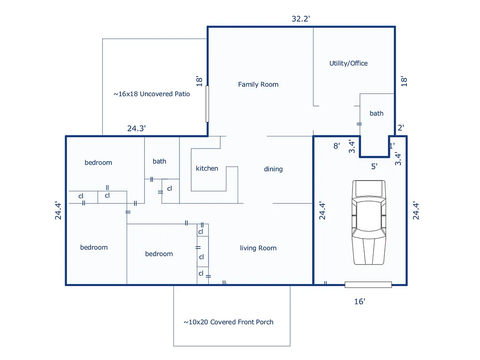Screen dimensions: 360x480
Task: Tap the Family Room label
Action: tap(258, 84)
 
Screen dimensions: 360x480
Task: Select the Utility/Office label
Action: tap(348, 63)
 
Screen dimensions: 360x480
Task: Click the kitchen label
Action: tap(207, 168)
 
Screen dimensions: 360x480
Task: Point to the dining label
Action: tap(273, 169)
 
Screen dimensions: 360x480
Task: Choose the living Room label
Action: tap(258, 248)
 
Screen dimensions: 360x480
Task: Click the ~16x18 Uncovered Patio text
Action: tap(152, 94)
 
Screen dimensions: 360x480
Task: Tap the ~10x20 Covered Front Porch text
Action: tap(228, 322)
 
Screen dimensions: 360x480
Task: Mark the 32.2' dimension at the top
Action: tap(301, 19)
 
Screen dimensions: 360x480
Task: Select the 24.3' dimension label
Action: tap(136, 128)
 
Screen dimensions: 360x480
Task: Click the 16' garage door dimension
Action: tap(360, 302)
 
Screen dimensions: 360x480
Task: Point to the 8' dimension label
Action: tap(337, 146)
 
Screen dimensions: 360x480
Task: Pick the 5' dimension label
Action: tap(374, 166)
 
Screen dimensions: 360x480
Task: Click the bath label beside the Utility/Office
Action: tap(376, 113)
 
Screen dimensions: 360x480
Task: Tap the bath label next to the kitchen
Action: tap(159, 161)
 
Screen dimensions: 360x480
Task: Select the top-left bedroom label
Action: tap(98, 163)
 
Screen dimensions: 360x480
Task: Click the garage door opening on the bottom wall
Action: tap(368, 285)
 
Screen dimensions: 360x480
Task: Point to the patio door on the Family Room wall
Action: tap(207, 104)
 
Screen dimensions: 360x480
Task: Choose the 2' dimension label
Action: tap(400, 127)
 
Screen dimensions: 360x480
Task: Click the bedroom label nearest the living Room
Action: tap(159, 254)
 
